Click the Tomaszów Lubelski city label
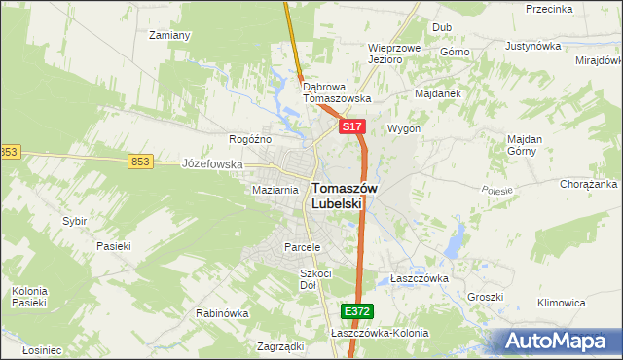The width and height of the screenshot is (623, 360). (x=337, y=196)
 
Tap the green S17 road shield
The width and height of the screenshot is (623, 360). (x=352, y=127)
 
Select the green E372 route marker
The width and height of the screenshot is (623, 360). (x=356, y=311)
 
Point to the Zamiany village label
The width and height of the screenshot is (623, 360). (x=168, y=35)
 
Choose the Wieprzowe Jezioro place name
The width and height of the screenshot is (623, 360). (x=392, y=54)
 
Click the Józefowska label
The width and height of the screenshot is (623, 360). (x=212, y=164)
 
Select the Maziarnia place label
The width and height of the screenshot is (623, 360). (x=274, y=190)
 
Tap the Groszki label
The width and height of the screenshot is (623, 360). (x=484, y=297)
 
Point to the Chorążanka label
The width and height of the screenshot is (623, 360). (x=589, y=184)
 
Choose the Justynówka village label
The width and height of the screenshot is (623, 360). (x=535, y=46)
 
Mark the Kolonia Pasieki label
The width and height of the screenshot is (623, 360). (x=29, y=297)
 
